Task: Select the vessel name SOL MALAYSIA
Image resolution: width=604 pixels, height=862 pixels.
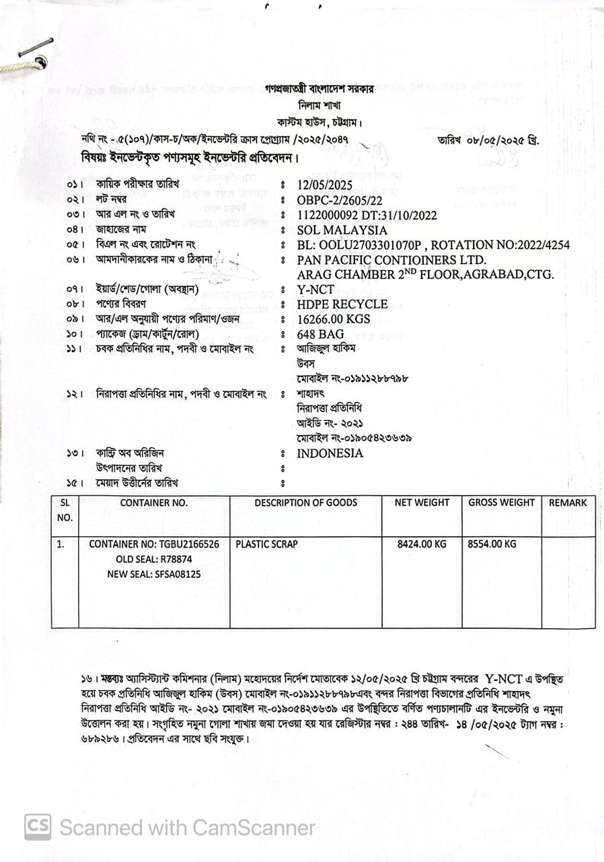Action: pos(342,230)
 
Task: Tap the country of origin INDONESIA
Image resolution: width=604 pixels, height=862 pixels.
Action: pos(330,453)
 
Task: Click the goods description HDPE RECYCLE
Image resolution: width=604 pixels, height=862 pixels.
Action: pos(342,304)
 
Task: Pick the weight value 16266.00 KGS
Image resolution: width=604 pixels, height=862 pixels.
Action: pos(334,319)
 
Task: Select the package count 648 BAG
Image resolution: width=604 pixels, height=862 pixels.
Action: pos(321,334)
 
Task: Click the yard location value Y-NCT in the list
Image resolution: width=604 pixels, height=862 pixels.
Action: pos(316,290)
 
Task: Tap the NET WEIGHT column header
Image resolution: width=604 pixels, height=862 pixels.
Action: pos(422,502)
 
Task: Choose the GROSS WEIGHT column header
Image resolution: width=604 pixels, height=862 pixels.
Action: pos(501,502)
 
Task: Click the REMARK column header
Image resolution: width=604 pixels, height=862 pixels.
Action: pos(568,502)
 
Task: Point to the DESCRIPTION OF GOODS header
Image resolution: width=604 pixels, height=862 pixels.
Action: pos(305,502)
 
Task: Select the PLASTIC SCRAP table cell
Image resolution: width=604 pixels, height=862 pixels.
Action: pos(266,544)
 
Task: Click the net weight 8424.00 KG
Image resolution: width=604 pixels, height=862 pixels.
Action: pos(422,544)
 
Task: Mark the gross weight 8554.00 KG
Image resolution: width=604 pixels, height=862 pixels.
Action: pos(492,544)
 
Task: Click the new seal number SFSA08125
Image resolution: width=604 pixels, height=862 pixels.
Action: pos(178,574)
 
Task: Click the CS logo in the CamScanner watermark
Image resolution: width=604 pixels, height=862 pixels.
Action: pos(38,827)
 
